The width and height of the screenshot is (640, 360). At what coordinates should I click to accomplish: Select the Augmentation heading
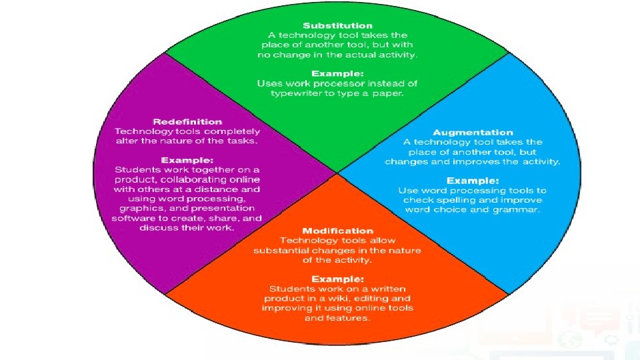(473, 133)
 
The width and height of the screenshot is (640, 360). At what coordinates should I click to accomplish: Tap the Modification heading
(337, 231)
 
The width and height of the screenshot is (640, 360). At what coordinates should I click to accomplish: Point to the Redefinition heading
(187, 122)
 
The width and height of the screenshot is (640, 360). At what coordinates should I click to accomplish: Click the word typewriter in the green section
(300, 93)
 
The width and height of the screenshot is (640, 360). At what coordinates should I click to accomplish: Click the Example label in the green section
(337, 73)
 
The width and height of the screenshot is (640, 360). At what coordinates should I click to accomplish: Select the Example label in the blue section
(473, 181)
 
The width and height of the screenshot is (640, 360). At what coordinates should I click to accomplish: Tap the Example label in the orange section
(337, 279)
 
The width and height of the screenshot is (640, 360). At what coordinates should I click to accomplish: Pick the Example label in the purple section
(187, 161)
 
